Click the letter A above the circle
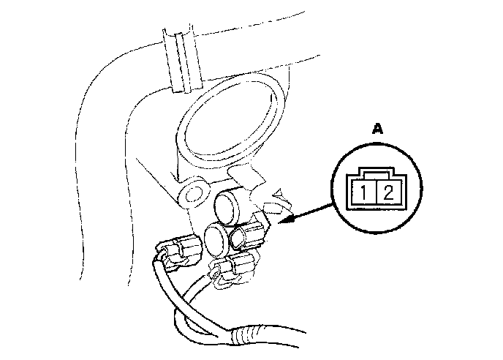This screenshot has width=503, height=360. pos(377,129)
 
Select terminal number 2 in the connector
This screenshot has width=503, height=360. pos(388,194)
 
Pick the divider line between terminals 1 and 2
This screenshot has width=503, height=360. pos(377,194)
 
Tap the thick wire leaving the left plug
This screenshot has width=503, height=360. pos(162,282)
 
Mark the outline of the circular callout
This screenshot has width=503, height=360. pos(333,192)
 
